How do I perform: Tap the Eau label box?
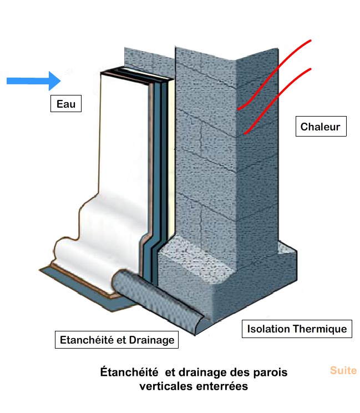coord(65,104)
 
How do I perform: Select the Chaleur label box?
coord(321,127)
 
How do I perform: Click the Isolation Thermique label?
coord(297,329)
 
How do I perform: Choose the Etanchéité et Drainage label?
coord(117,340)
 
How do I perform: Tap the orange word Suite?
coord(343,371)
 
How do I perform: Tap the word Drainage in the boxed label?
coord(152,340)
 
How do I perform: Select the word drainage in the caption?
coord(208,372)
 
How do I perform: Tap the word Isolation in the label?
coord(268,329)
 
